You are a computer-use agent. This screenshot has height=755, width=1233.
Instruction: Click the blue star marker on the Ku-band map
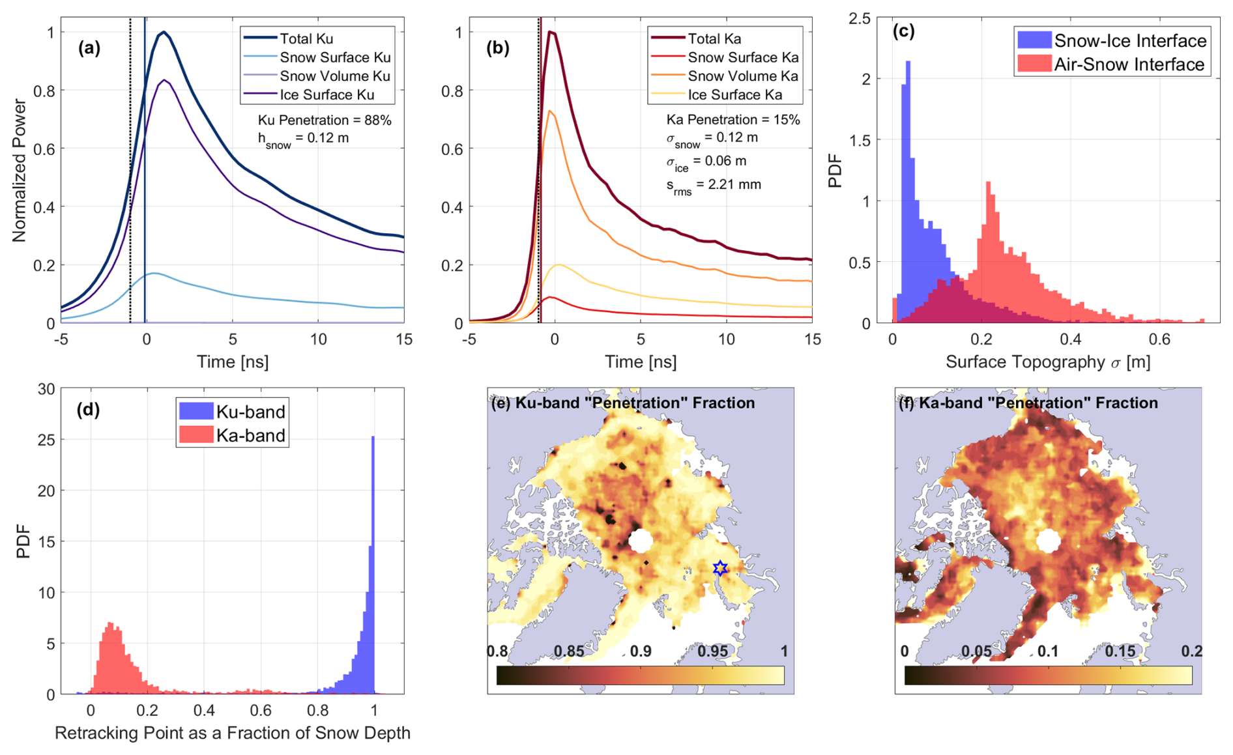point(719,568)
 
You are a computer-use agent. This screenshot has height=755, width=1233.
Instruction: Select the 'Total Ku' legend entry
point(306,38)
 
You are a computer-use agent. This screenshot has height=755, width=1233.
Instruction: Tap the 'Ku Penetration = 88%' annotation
point(325,120)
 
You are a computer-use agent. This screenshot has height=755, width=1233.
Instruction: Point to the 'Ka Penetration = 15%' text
point(733,120)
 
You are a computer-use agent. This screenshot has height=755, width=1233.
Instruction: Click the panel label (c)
point(903,31)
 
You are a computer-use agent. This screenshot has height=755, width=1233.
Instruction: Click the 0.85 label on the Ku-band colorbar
point(569,651)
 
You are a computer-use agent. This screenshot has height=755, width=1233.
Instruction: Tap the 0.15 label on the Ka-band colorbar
point(1120,651)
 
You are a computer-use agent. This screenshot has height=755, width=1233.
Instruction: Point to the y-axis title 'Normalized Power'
point(20,171)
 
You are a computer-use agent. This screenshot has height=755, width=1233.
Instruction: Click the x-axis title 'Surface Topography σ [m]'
point(1047,362)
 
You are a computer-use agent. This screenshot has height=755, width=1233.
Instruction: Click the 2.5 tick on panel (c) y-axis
point(860,18)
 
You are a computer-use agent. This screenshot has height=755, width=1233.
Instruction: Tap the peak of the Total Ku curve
point(164,33)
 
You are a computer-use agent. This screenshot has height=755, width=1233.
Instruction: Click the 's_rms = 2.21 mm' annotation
point(713,185)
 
